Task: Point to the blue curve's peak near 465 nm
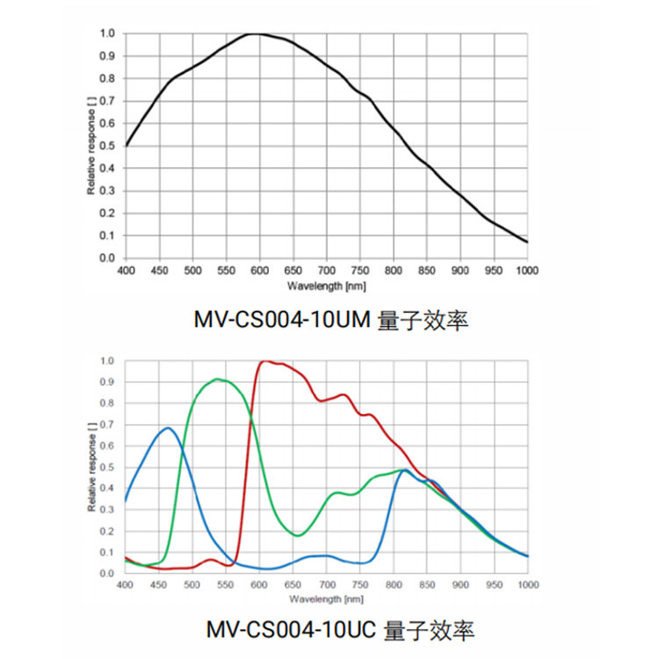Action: coord(168,428)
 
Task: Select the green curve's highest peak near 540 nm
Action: coord(217,380)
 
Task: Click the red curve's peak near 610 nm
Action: coord(264,360)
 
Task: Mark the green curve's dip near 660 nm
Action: coord(298,535)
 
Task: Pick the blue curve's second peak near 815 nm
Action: coord(403,470)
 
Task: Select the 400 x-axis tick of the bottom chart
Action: coord(125,583)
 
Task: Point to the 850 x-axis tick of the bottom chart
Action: coord(427,583)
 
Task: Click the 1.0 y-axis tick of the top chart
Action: coord(107,33)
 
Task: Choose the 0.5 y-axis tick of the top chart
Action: coord(107,146)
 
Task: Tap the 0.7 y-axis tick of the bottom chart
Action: coord(107,424)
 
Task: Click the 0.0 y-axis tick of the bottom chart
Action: coord(107,573)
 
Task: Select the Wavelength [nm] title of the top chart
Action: coord(326,286)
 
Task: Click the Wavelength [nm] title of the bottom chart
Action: coord(326,599)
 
